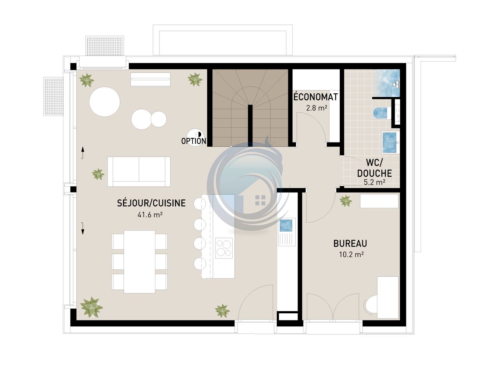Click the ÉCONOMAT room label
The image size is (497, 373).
coord(316,97)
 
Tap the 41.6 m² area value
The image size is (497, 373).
coord(150,214)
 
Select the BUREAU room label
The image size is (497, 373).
coord(350,244)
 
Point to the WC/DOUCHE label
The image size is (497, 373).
coord(374,168)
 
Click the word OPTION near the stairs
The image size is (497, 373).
coord(194,141)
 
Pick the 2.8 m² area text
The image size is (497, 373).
coord(317,108)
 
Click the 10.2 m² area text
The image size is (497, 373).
coord(351,255)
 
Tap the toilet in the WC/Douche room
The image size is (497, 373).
coord(380,113)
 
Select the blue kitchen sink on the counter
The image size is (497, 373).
coord(286,225)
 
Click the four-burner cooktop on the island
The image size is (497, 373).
coord(224,248)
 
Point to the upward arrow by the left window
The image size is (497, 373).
coord(83,153)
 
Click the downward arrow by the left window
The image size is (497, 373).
coord(83,229)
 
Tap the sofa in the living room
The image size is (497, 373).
coord(139,172)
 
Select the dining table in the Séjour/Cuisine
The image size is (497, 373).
coord(139,262)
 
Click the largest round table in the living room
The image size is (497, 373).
coord(105,102)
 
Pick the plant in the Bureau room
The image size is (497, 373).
coord(346,201)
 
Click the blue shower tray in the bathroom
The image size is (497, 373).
coord(386,83)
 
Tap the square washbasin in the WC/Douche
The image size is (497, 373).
coord(390,143)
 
